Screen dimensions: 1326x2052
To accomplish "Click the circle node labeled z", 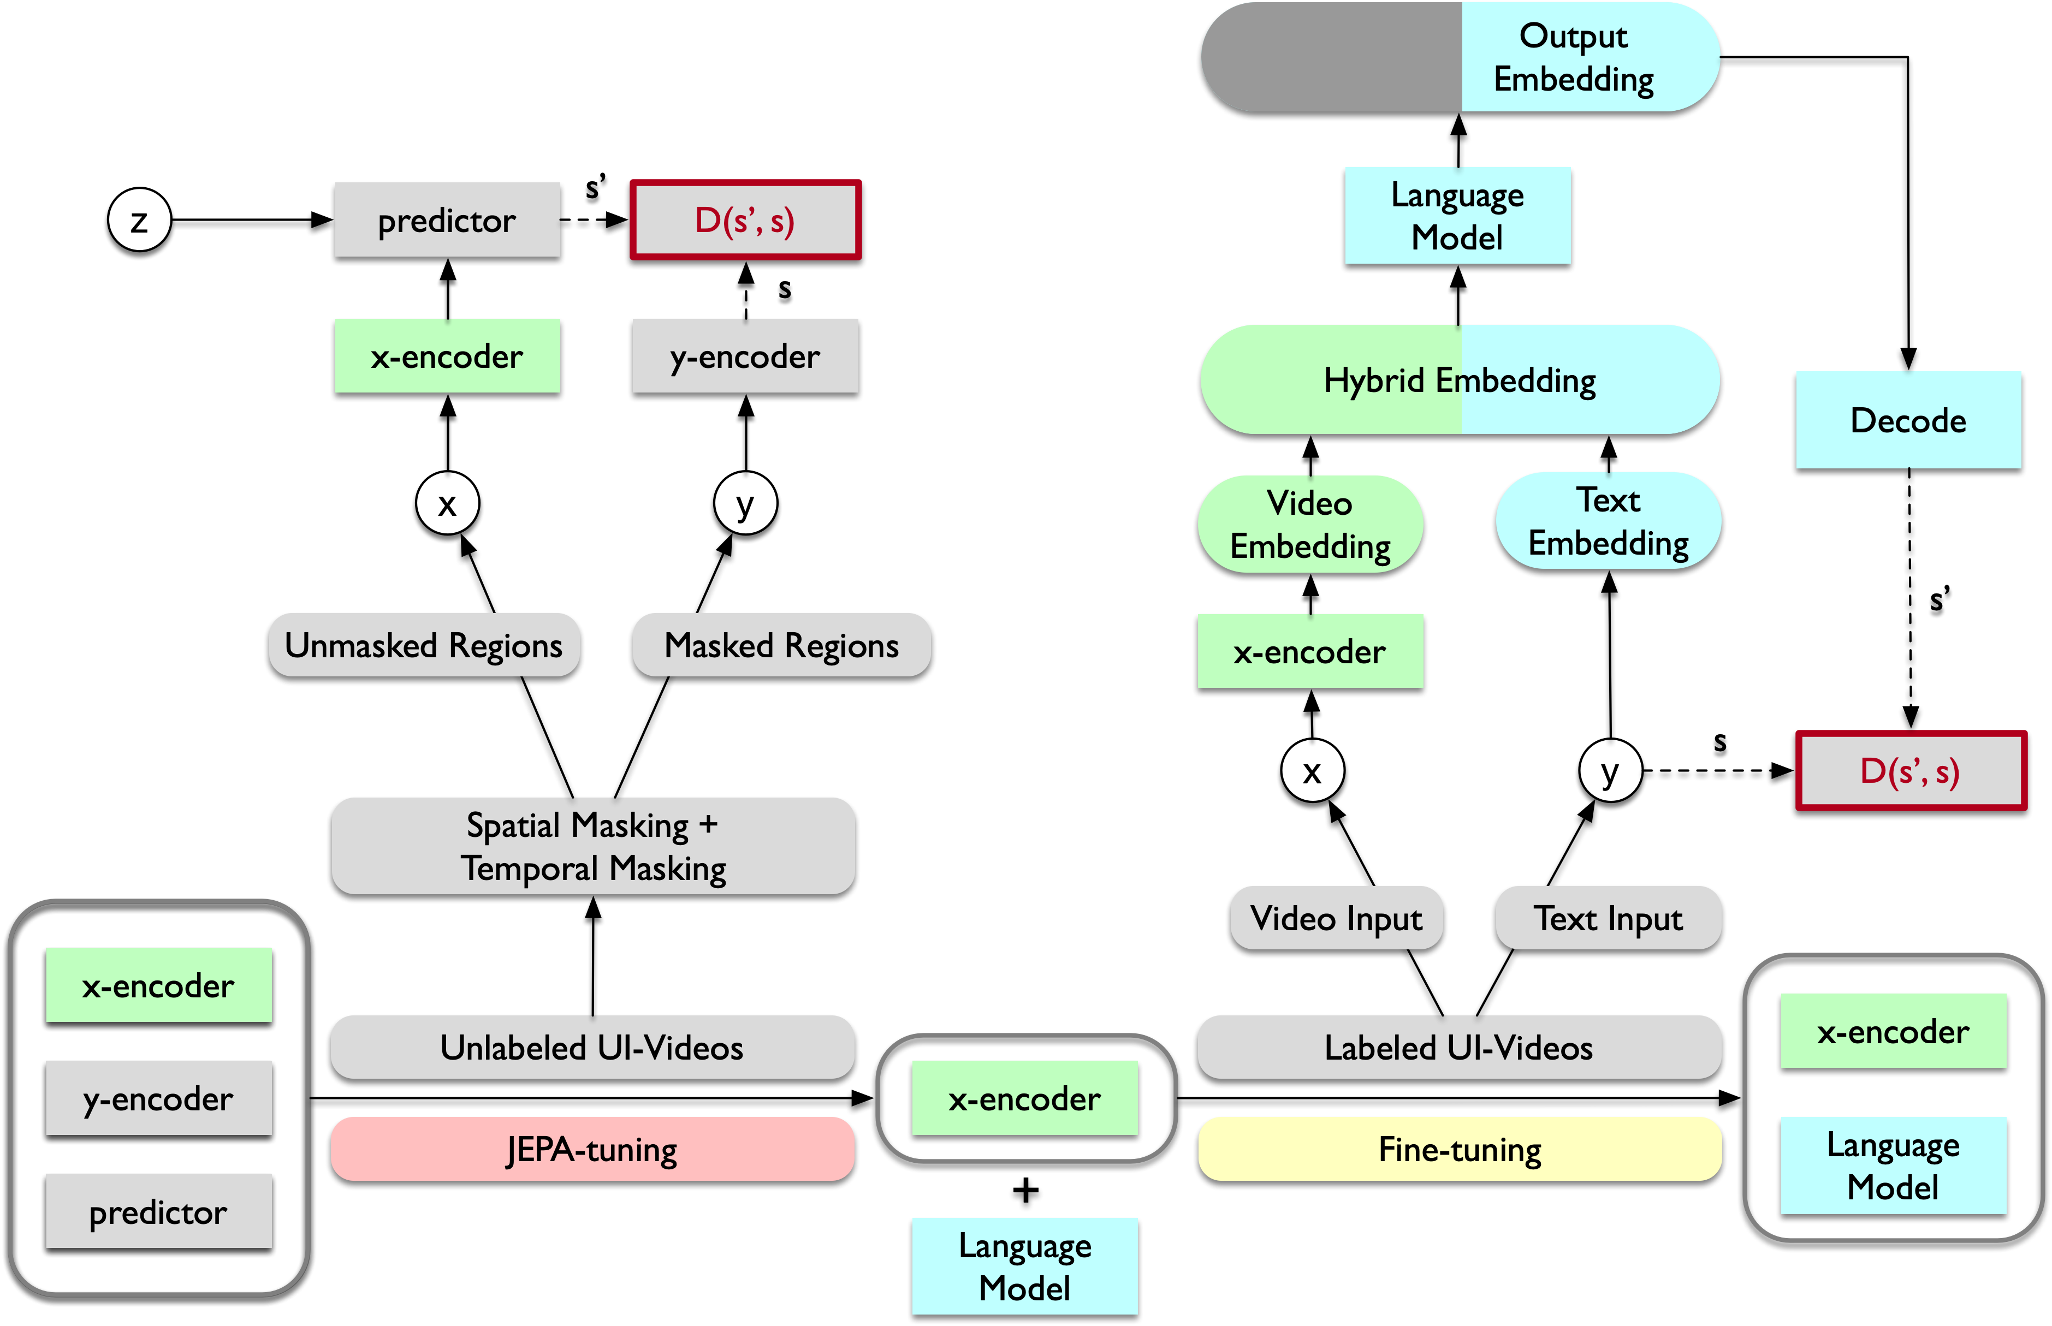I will tap(139, 221).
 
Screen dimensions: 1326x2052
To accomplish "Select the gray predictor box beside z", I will tap(447, 221).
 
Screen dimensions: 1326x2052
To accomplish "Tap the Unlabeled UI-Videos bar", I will tap(592, 1047).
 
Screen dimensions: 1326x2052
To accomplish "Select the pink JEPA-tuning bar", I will tap(592, 1150).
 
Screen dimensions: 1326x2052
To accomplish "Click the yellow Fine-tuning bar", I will tap(1460, 1150).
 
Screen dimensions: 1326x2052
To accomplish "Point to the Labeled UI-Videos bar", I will tap(1460, 1047).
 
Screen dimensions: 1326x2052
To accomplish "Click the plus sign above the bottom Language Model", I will tap(1025, 1191).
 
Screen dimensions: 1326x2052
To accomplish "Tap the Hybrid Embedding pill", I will tap(1460, 380).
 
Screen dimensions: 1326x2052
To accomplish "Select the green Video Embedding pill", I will tap(1310, 525).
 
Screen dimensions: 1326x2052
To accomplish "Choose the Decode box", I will tap(1908, 420).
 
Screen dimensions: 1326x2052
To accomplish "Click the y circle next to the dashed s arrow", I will tap(1609, 771).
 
